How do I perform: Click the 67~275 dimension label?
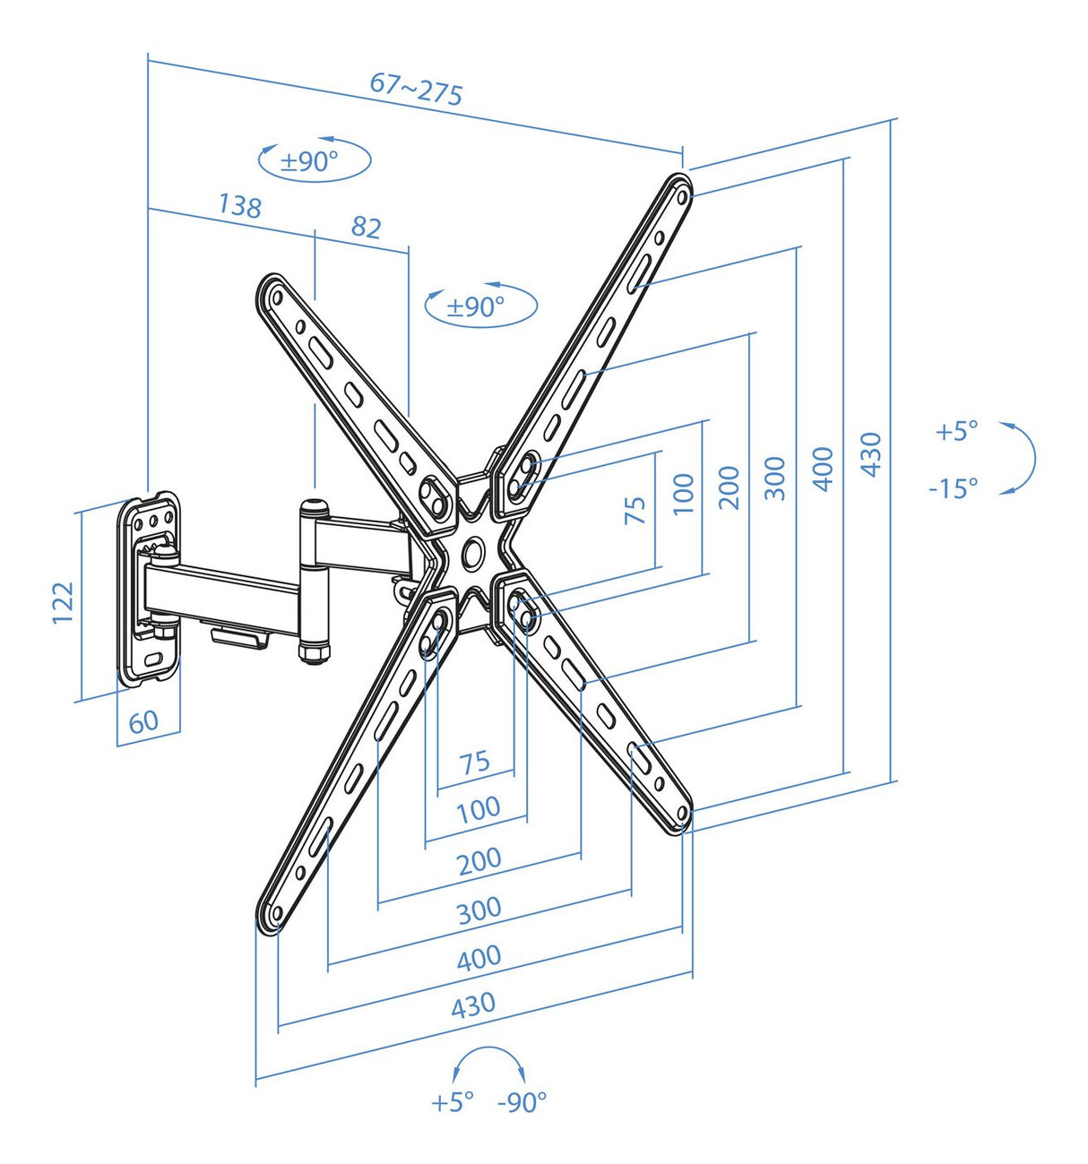pyautogui.click(x=417, y=88)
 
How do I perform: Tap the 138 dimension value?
pyautogui.click(x=239, y=205)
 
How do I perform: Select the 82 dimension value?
pyautogui.click(x=366, y=227)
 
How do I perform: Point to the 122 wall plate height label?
pyautogui.click(x=62, y=603)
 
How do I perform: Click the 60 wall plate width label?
pyautogui.click(x=143, y=721)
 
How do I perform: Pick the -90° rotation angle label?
pyautogui.click(x=522, y=1101)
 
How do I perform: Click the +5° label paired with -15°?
pyautogui.click(x=956, y=431)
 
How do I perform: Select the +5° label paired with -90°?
pyautogui.click(x=452, y=1101)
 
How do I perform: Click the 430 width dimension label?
pyautogui.click(x=472, y=1005)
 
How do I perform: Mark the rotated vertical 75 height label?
pyautogui.click(x=635, y=510)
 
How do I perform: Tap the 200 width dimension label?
pyautogui.click(x=479, y=861)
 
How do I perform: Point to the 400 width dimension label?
pyautogui.click(x=479, y=958)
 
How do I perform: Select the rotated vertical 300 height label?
pyautogui.click(x=775, y=478)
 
